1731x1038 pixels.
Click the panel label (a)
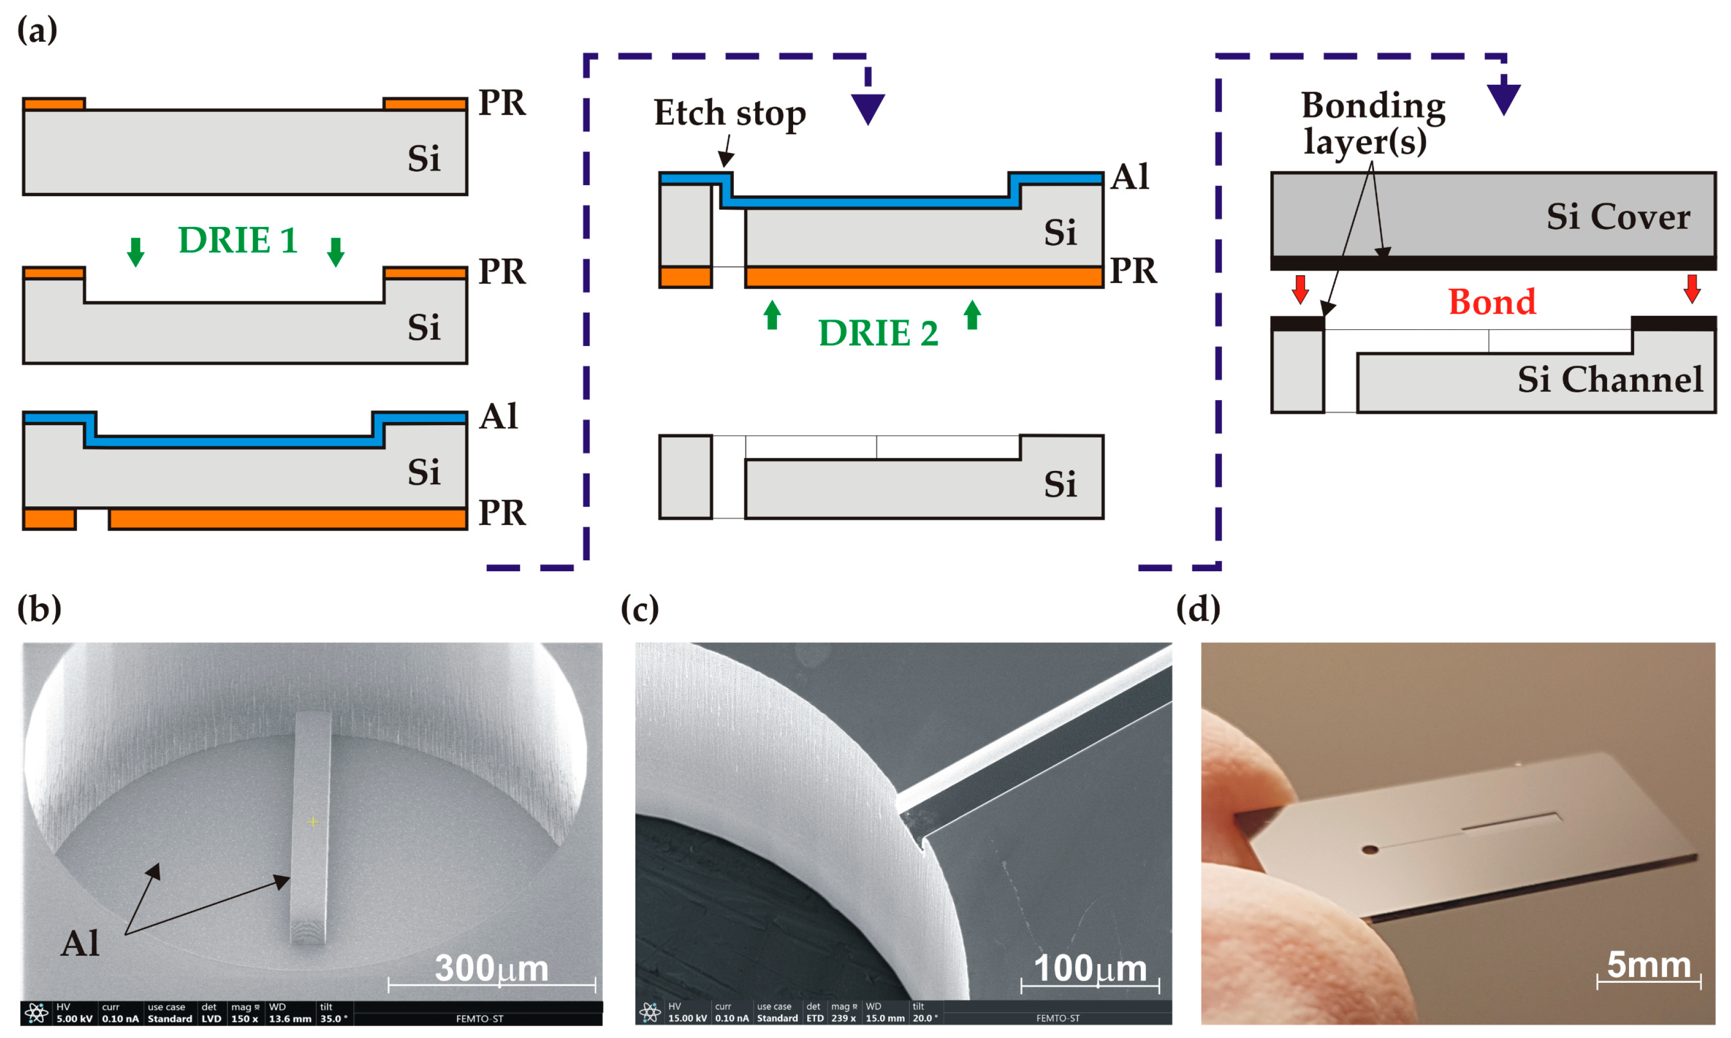(x=36, y=30)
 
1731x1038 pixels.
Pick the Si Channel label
(x=1609, y=379)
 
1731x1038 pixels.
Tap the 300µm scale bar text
(x=491, y=968)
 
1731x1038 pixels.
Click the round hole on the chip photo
(x=1370, y=850)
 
